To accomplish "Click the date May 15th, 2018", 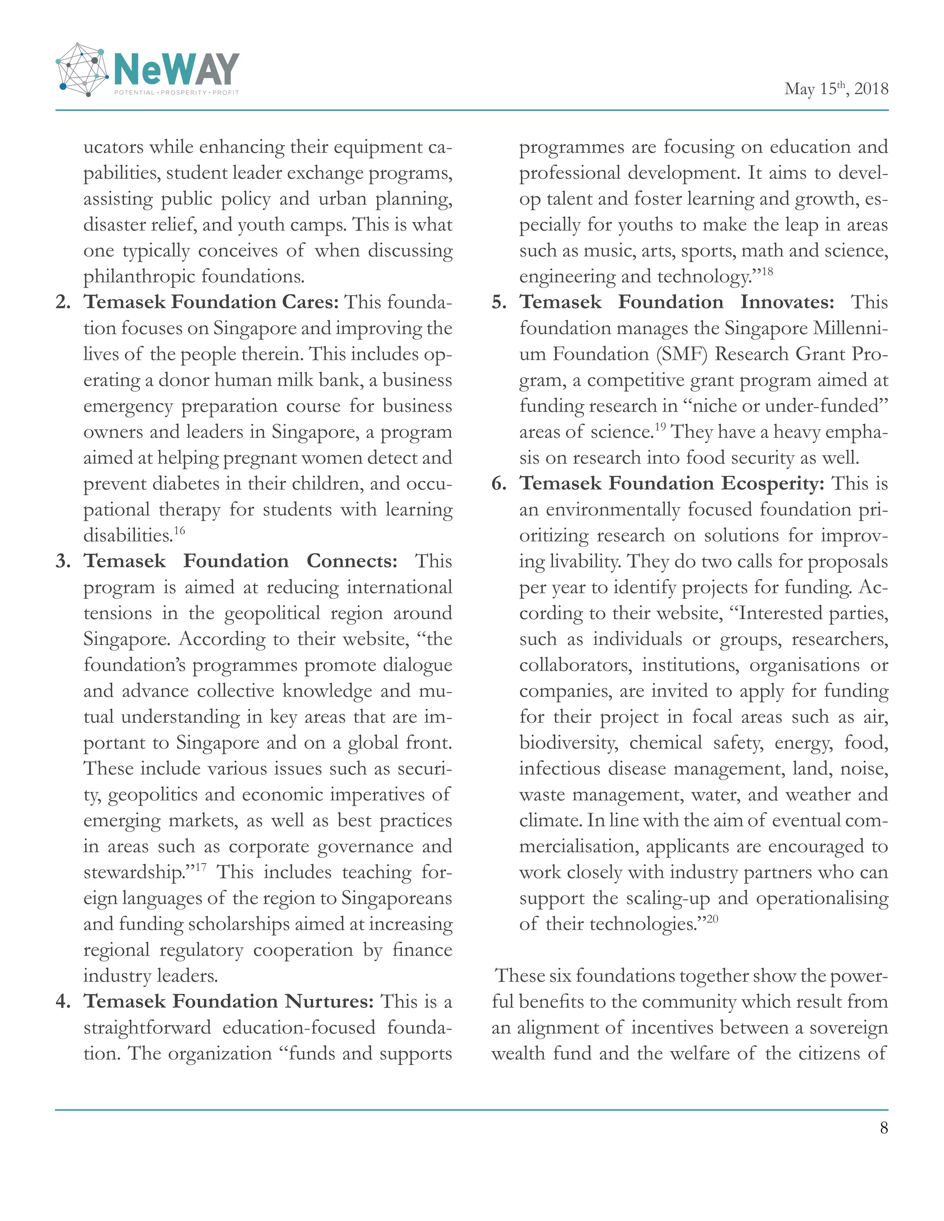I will pyautogui.click(x=836, y=89).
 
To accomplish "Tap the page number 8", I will pyautogui.click(x=884, y=1127).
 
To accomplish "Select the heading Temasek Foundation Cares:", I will pyautogui.click(x=212, y=302).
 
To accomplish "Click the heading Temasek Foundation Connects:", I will pyautogui.click(x=241, y=561).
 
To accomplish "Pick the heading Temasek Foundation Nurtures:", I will pyautogui.click(x=228, y=1001).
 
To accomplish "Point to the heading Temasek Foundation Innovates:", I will pyautogui.click(x=676, y=302).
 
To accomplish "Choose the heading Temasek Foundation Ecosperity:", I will pyautogui.click(x=672, y=483).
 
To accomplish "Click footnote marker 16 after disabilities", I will pyautogui.click(x=179, y=530).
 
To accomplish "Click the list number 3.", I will pyautogui.click(x=63, y=561).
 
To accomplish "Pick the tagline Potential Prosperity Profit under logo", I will pyautogui.click(x=176, y=92).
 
